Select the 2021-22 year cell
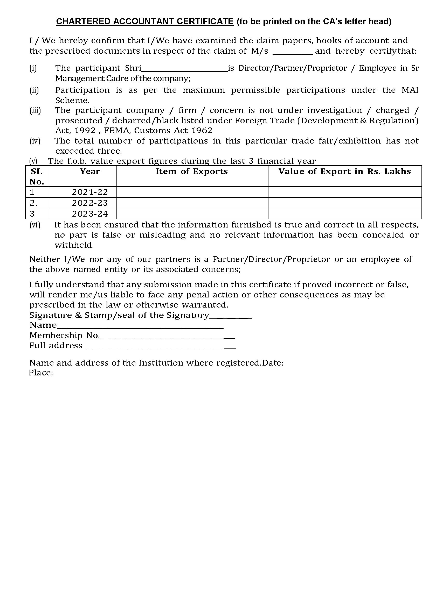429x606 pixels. click(x=90, y=192)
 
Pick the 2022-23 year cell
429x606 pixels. click(x=90, y=203)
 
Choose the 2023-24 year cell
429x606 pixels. click(x=90, y=213)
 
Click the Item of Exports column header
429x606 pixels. click(x=192, y=172)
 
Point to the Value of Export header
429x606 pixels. click(x=345, y=172)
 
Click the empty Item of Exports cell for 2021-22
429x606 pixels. click(x=192, y=192)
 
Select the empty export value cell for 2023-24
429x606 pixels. click(x=345, y=213)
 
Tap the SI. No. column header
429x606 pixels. click(x=37, y=176)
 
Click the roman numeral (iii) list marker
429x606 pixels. click(x=35, y=110)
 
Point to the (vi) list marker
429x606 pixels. click(x=35, y=225)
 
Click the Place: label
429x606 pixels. click(x=41, y=373)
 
